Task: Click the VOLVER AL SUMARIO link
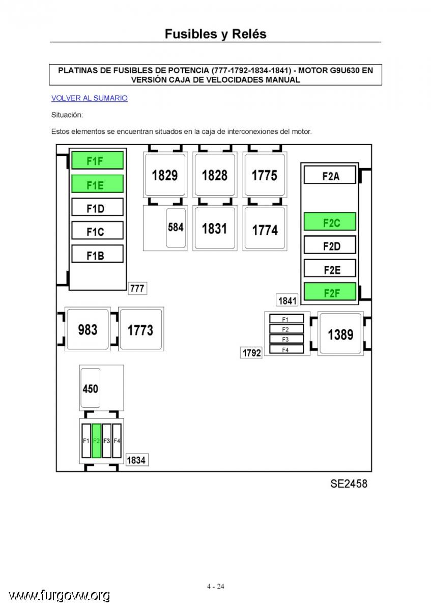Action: point(90,98)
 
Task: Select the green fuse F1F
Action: point(97,160)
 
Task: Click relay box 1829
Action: point(165,175)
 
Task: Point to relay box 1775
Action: point(265,175)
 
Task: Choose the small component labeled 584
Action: point(176,228)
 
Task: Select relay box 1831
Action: point(215,228)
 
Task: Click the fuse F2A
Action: point(330,175)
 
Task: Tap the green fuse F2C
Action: point(330,221)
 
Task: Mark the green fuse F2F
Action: point(330,292)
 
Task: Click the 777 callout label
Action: point(137,288)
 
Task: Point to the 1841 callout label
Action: point(287,300)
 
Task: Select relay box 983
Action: point(88,329)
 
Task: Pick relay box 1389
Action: point(340,334)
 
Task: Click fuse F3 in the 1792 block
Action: point(286,339)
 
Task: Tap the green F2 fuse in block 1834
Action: point(97,441)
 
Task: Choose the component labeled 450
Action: point(90,388)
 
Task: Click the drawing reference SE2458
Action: point(349,483)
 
